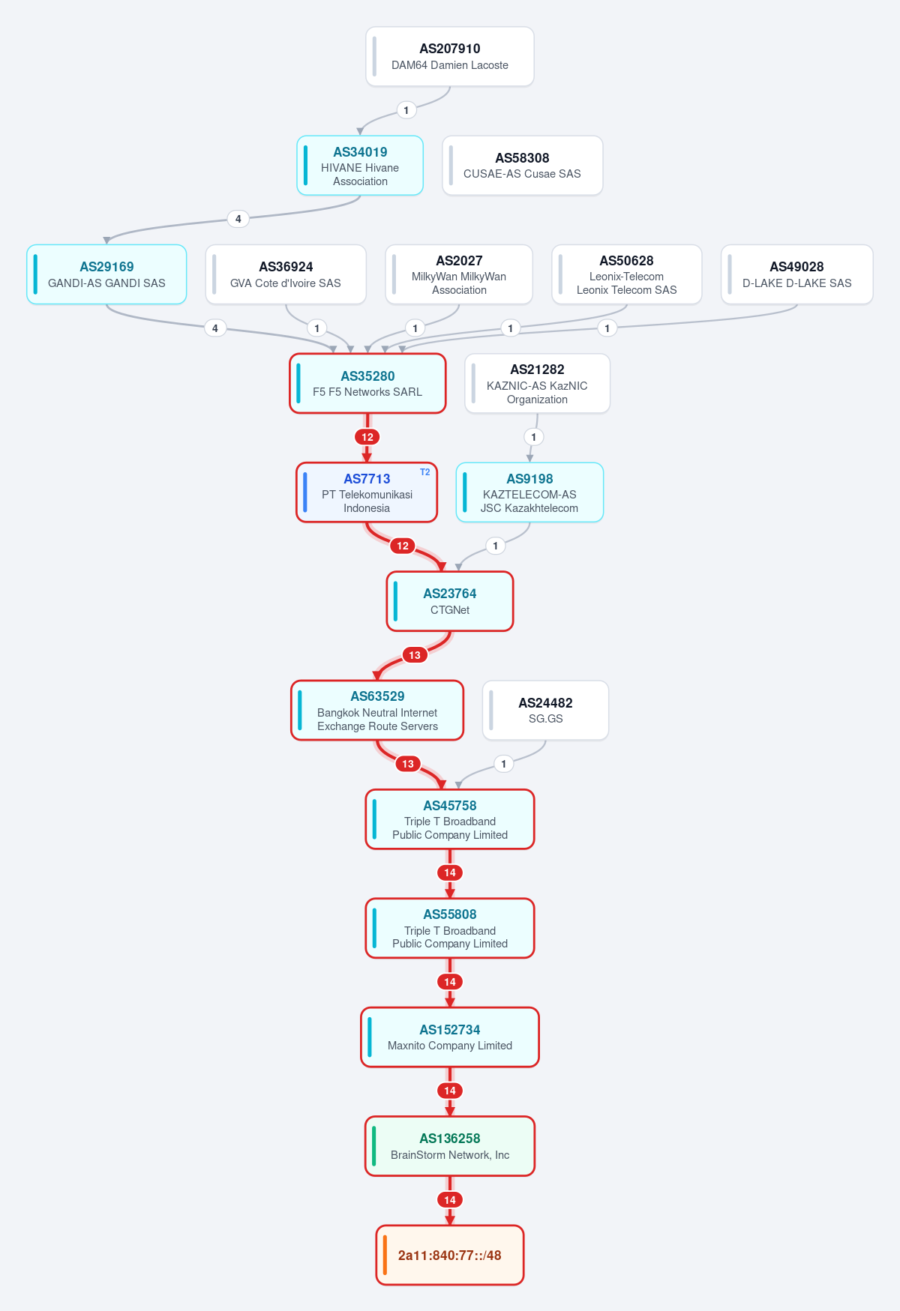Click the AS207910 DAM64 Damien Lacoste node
(x=450, y=57)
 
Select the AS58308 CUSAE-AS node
(x=523, y=166)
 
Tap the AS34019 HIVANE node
(x=360, y=166)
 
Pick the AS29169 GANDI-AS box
(x=106, y=274)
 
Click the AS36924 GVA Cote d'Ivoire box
(x=286, y=274)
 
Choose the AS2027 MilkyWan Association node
(x=459, y=274)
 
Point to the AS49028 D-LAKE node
(x=797, y=274)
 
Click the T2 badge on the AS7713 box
(x=425, y=472)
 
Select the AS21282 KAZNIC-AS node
(x=538, y=384)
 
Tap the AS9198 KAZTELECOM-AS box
(x=530, y=492)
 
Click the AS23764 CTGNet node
(x=450, y=601)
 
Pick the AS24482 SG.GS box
(x=545, y=711)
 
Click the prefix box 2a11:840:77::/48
(x=450, y=1256)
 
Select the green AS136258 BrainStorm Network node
(x=450, y=1146)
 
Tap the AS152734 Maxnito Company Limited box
(x=450, y=1037)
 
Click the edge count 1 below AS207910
(x=406, y=110)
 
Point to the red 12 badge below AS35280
(x=367, y=437)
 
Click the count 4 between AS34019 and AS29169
(x=238, y=219)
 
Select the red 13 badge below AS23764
(x=415, y=655)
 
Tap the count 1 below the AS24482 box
(x=504, y=764)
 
